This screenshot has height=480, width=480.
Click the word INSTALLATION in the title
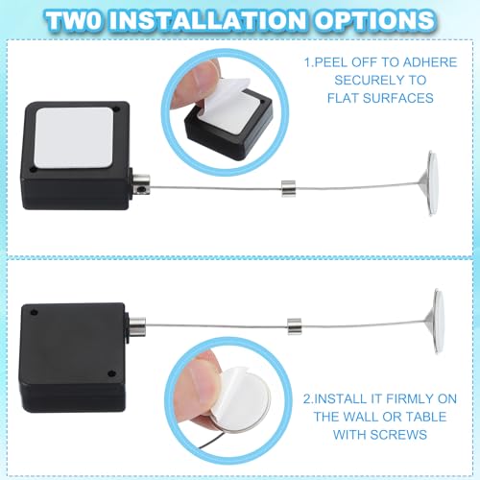[x=236, y=21]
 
